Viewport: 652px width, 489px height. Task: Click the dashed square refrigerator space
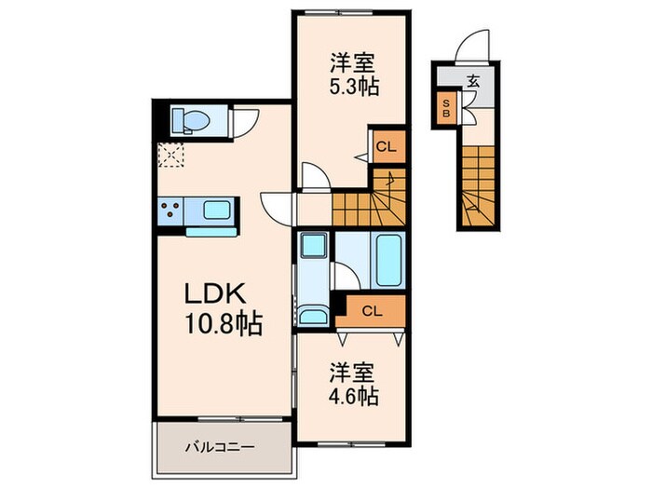[170, 155]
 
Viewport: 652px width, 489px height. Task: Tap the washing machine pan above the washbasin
[314, 247]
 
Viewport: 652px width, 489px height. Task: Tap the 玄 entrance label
[473, 81]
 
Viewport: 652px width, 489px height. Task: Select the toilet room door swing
[246, 122]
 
